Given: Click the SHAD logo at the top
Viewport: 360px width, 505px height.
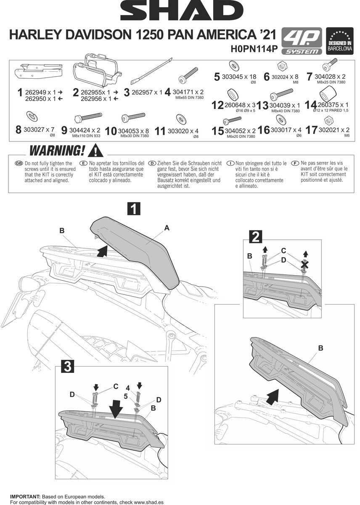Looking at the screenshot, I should tap(180, 12).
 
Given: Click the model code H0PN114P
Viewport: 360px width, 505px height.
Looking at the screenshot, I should tap(254, 49).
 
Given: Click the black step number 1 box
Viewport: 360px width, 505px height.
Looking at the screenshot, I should tap(134, 209).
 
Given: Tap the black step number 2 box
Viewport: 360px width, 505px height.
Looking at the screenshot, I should tap(254, 237).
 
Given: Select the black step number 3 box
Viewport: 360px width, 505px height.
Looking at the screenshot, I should tap(68, 367).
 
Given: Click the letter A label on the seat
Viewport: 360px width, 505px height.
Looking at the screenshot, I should tap(167, 228).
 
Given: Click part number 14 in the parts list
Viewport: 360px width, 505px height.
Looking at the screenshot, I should tap(310, 105).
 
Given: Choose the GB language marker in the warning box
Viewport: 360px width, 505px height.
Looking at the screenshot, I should tap(19, 163).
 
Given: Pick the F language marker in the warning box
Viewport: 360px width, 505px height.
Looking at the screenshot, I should tap(297, 163).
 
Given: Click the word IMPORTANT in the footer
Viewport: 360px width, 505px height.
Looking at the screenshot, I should tap(25, 497).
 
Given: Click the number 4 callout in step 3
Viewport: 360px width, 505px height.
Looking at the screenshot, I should tap(128, 387).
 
